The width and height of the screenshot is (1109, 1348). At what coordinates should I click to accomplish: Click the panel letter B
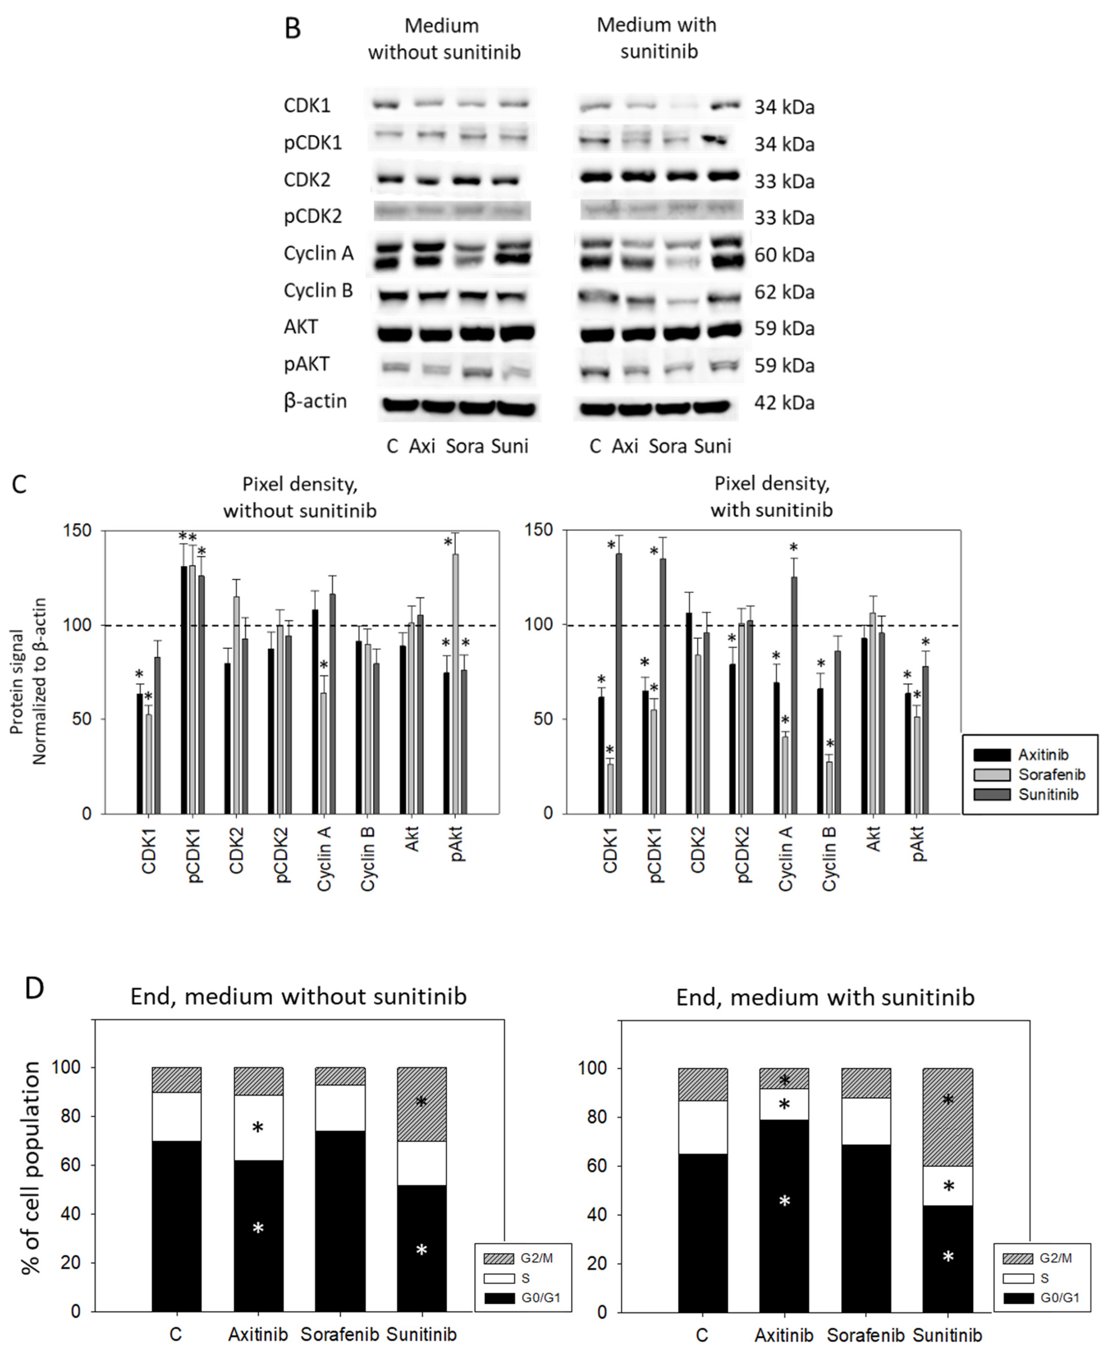tap(293, 29)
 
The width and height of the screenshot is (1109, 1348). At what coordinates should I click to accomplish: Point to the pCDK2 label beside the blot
tap(313, 216)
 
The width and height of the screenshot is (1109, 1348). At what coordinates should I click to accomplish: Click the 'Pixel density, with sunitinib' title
tap(772, 496)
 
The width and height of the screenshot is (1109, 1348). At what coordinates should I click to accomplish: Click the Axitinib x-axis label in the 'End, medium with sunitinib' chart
tap(784, 1335)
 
